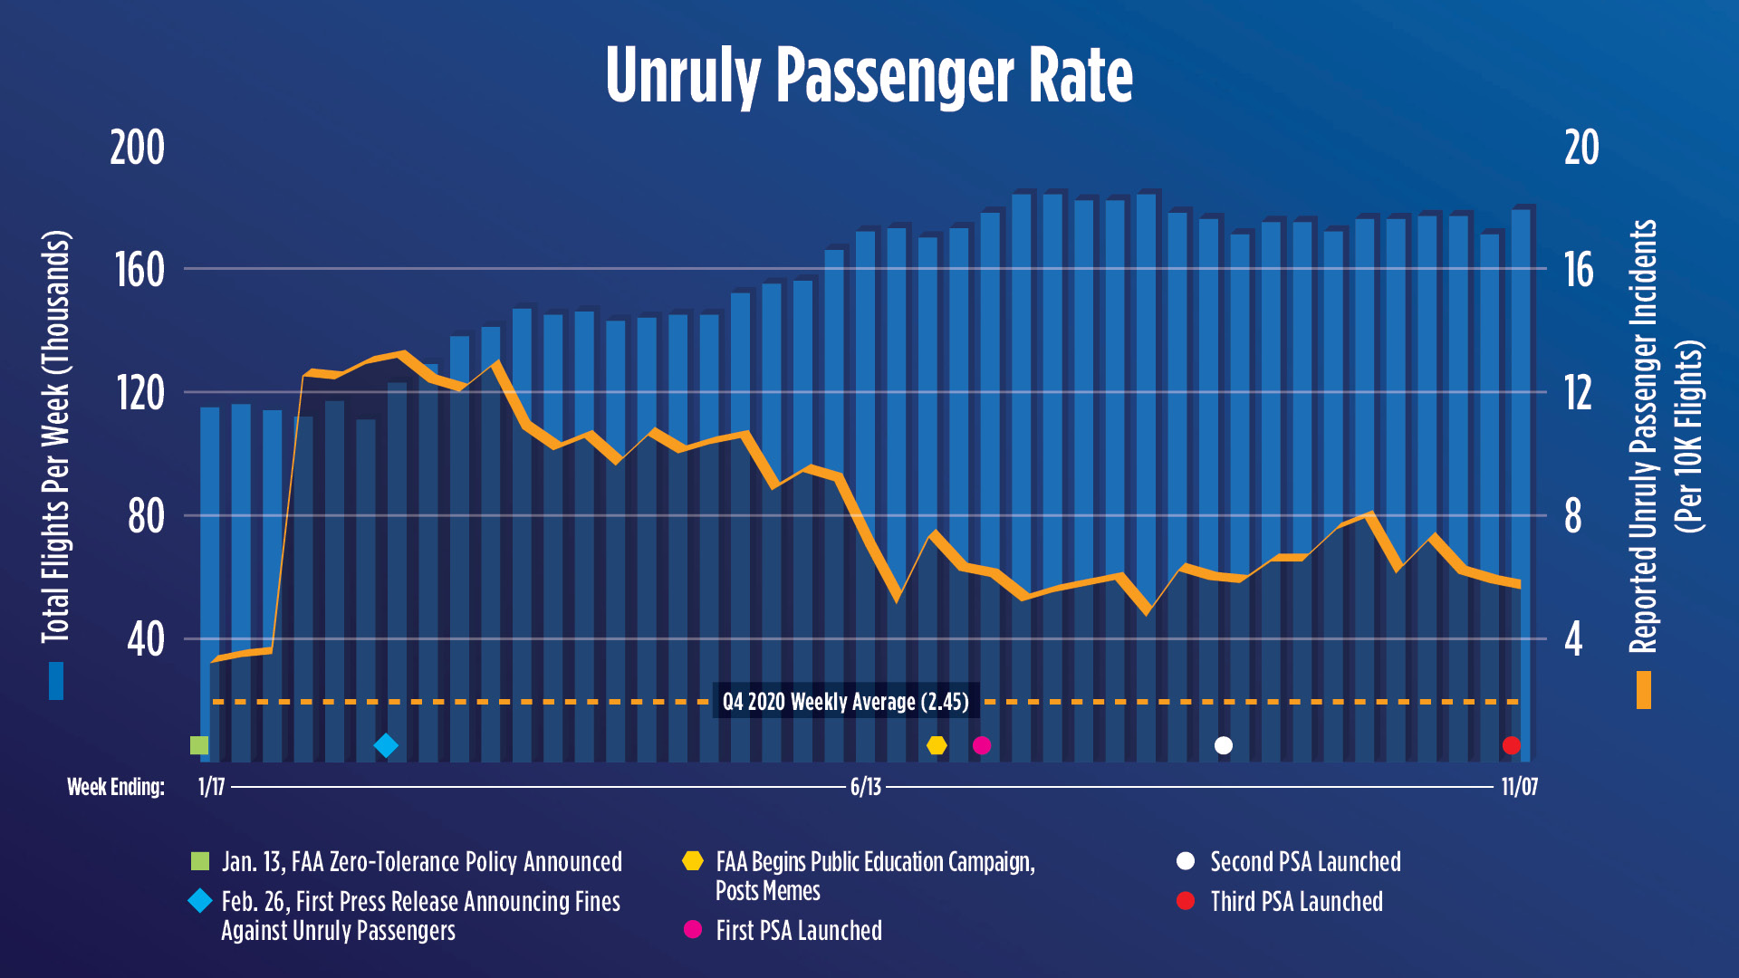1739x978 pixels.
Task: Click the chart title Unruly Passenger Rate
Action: (x=869, y=76)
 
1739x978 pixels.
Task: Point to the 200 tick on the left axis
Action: (x=137, y=148)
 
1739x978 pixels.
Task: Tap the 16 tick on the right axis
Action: (x=1579, y=270)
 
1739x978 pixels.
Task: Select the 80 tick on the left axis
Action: (x=145, y=516)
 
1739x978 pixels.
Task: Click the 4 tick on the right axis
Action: (x=1573, y=639)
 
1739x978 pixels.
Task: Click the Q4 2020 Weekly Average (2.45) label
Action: (x=845, y=702)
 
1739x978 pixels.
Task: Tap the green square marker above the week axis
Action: (x=199, y=745)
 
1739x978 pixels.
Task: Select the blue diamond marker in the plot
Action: (x=386, y=745)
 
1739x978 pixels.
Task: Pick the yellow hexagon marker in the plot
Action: (x=937, y=745)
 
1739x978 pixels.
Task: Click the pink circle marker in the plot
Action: (x=982, y=745)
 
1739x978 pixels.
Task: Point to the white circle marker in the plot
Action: (x=1224, y=745)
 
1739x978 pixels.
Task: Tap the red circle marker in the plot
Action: (x=1511, y=745)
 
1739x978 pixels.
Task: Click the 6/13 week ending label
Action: (x=865, y=787)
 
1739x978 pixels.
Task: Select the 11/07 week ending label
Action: (x=1519, y=787)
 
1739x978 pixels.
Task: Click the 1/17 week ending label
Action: (x=211, y=787)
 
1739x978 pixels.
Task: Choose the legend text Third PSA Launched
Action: (x=1296, y=902)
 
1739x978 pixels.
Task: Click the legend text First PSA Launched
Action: (x=798, y=931)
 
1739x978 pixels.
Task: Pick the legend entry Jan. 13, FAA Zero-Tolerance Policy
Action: (x=421, y=862)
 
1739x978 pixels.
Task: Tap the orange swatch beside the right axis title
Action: (x=1643, y=690)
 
